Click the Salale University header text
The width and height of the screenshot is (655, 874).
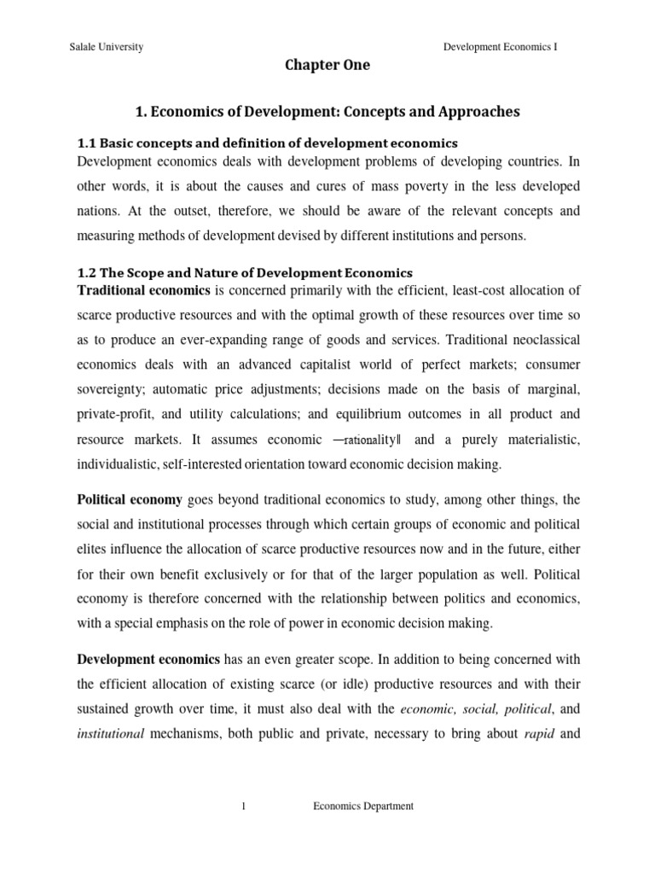coord(106,48)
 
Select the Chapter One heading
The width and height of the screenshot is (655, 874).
coord(327,66)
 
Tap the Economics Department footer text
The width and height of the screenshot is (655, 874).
coord(363,807)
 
